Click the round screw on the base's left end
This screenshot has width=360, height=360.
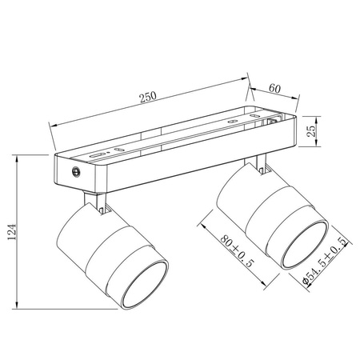tap(76, 171)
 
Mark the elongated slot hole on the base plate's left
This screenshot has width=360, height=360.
tap(96, 154)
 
